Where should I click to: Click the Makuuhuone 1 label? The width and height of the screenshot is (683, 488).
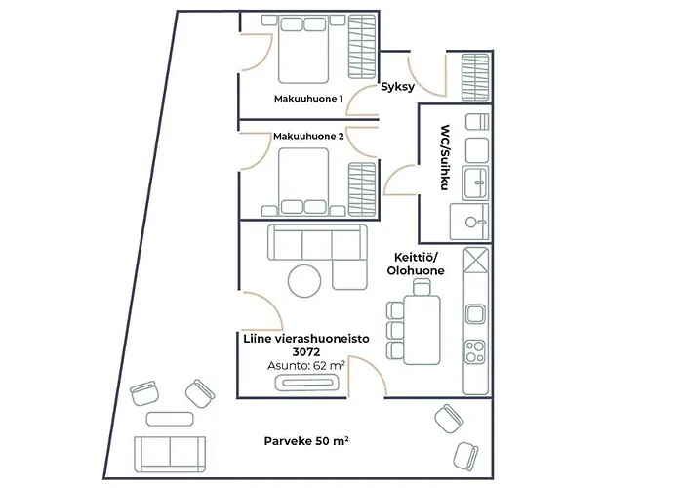[x=308, y=99]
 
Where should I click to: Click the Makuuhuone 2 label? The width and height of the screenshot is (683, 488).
[x=308, y=136]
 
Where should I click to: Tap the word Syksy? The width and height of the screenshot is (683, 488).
[x=398, y=87]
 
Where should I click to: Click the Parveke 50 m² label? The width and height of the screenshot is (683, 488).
[x=306, y=441]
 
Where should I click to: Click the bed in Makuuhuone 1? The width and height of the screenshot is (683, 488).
[x=308, y=49]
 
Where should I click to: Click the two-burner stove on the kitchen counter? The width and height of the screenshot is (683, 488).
[x=476, y=349]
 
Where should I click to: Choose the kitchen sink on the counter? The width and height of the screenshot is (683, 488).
[x=476, y=314]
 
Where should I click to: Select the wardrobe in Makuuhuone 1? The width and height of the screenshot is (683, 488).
[x=363, y=49]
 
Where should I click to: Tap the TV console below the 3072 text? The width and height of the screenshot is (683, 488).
[x=307, y=384]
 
